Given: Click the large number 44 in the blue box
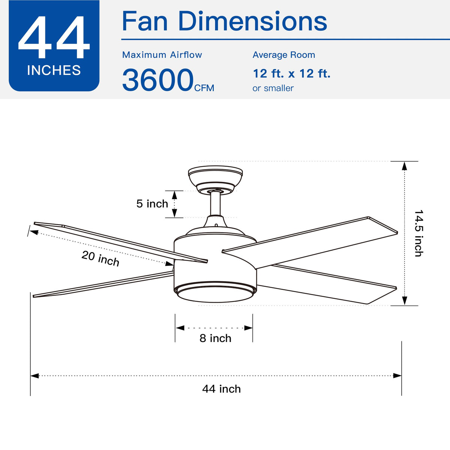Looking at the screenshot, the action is tap(54, 37).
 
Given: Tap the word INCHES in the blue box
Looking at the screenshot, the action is tap(54, 70).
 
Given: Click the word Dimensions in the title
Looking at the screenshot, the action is tap(252, 21).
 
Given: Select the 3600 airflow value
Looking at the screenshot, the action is tap(158, 80).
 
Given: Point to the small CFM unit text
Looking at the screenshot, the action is tap(204, 88).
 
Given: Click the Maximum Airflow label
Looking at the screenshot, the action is tap(162, 55).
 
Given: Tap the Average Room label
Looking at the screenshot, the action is tap(284, 55).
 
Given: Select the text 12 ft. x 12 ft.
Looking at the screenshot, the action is tap(292, 73).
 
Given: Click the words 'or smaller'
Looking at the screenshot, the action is tap(273, 88).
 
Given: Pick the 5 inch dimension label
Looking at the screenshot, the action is tap(152, 204).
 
